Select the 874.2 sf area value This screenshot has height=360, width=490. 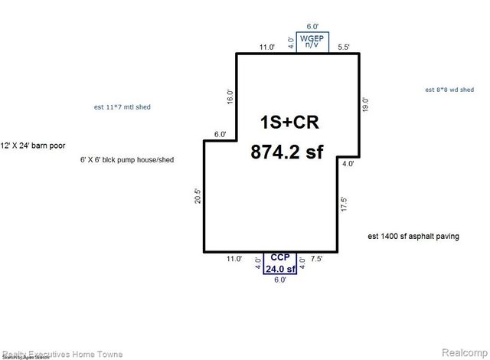coord(287,152)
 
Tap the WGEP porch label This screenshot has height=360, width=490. coord(311,38)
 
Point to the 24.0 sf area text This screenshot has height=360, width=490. coord(279,269)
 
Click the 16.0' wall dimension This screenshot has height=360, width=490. coord(229,97)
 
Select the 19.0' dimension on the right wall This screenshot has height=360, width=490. coord(366,104)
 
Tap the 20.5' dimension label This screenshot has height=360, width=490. coord(198,197)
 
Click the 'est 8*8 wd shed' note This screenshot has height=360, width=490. coord(453,90)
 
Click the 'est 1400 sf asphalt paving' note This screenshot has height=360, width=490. coord(413,237)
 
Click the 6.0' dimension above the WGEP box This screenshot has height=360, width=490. coord(312,25)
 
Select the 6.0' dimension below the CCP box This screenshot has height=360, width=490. coord(279,280)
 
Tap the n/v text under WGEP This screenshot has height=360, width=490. coord(312,46)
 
